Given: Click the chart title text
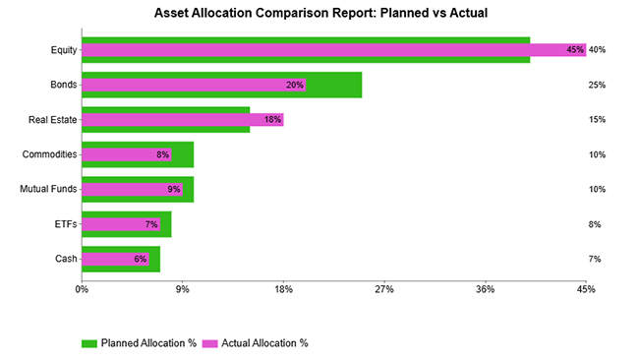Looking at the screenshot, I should pos(319,15).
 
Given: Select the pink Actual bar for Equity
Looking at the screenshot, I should pos(333,50).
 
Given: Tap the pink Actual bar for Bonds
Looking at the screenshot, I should pos(193,85).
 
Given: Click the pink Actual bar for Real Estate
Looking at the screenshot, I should pos(182,120).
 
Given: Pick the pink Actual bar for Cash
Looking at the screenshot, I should pos(115,259).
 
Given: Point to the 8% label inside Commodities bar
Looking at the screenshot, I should pos(162,154).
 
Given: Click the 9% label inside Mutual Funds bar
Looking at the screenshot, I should pos(174,189).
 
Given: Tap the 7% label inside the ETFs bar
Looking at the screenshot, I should pos(151,224).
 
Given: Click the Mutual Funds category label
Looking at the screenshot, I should pos(48,189).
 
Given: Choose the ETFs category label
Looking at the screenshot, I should pos(64,224).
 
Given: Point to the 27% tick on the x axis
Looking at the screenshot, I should pos(384,290).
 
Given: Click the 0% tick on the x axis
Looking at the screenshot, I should pos(82,290).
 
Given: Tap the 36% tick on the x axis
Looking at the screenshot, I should pos(485,290).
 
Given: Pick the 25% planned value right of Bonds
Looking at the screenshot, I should pos(597,85).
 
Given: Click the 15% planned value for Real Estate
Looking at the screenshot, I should pos(597,120).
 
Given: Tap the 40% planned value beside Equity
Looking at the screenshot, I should pos(597,50).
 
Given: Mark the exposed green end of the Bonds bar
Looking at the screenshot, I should pos(333,85).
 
